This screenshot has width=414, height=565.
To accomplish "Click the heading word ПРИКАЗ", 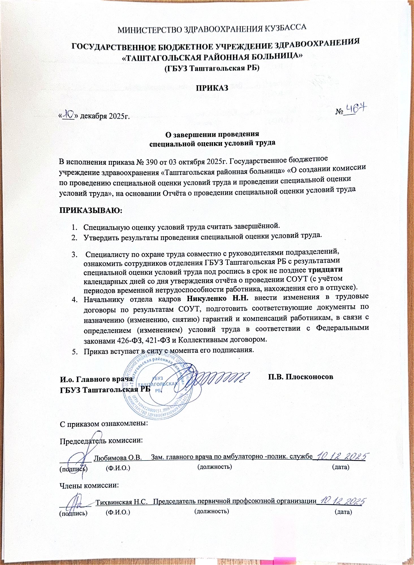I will (212, 88).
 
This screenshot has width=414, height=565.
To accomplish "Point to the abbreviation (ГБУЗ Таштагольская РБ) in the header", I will (212, 68).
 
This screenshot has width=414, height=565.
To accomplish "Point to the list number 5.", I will (74, 351).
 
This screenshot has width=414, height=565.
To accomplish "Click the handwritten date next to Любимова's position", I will (342, 456).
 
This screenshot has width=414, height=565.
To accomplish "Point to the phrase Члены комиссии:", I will (89, 485).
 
